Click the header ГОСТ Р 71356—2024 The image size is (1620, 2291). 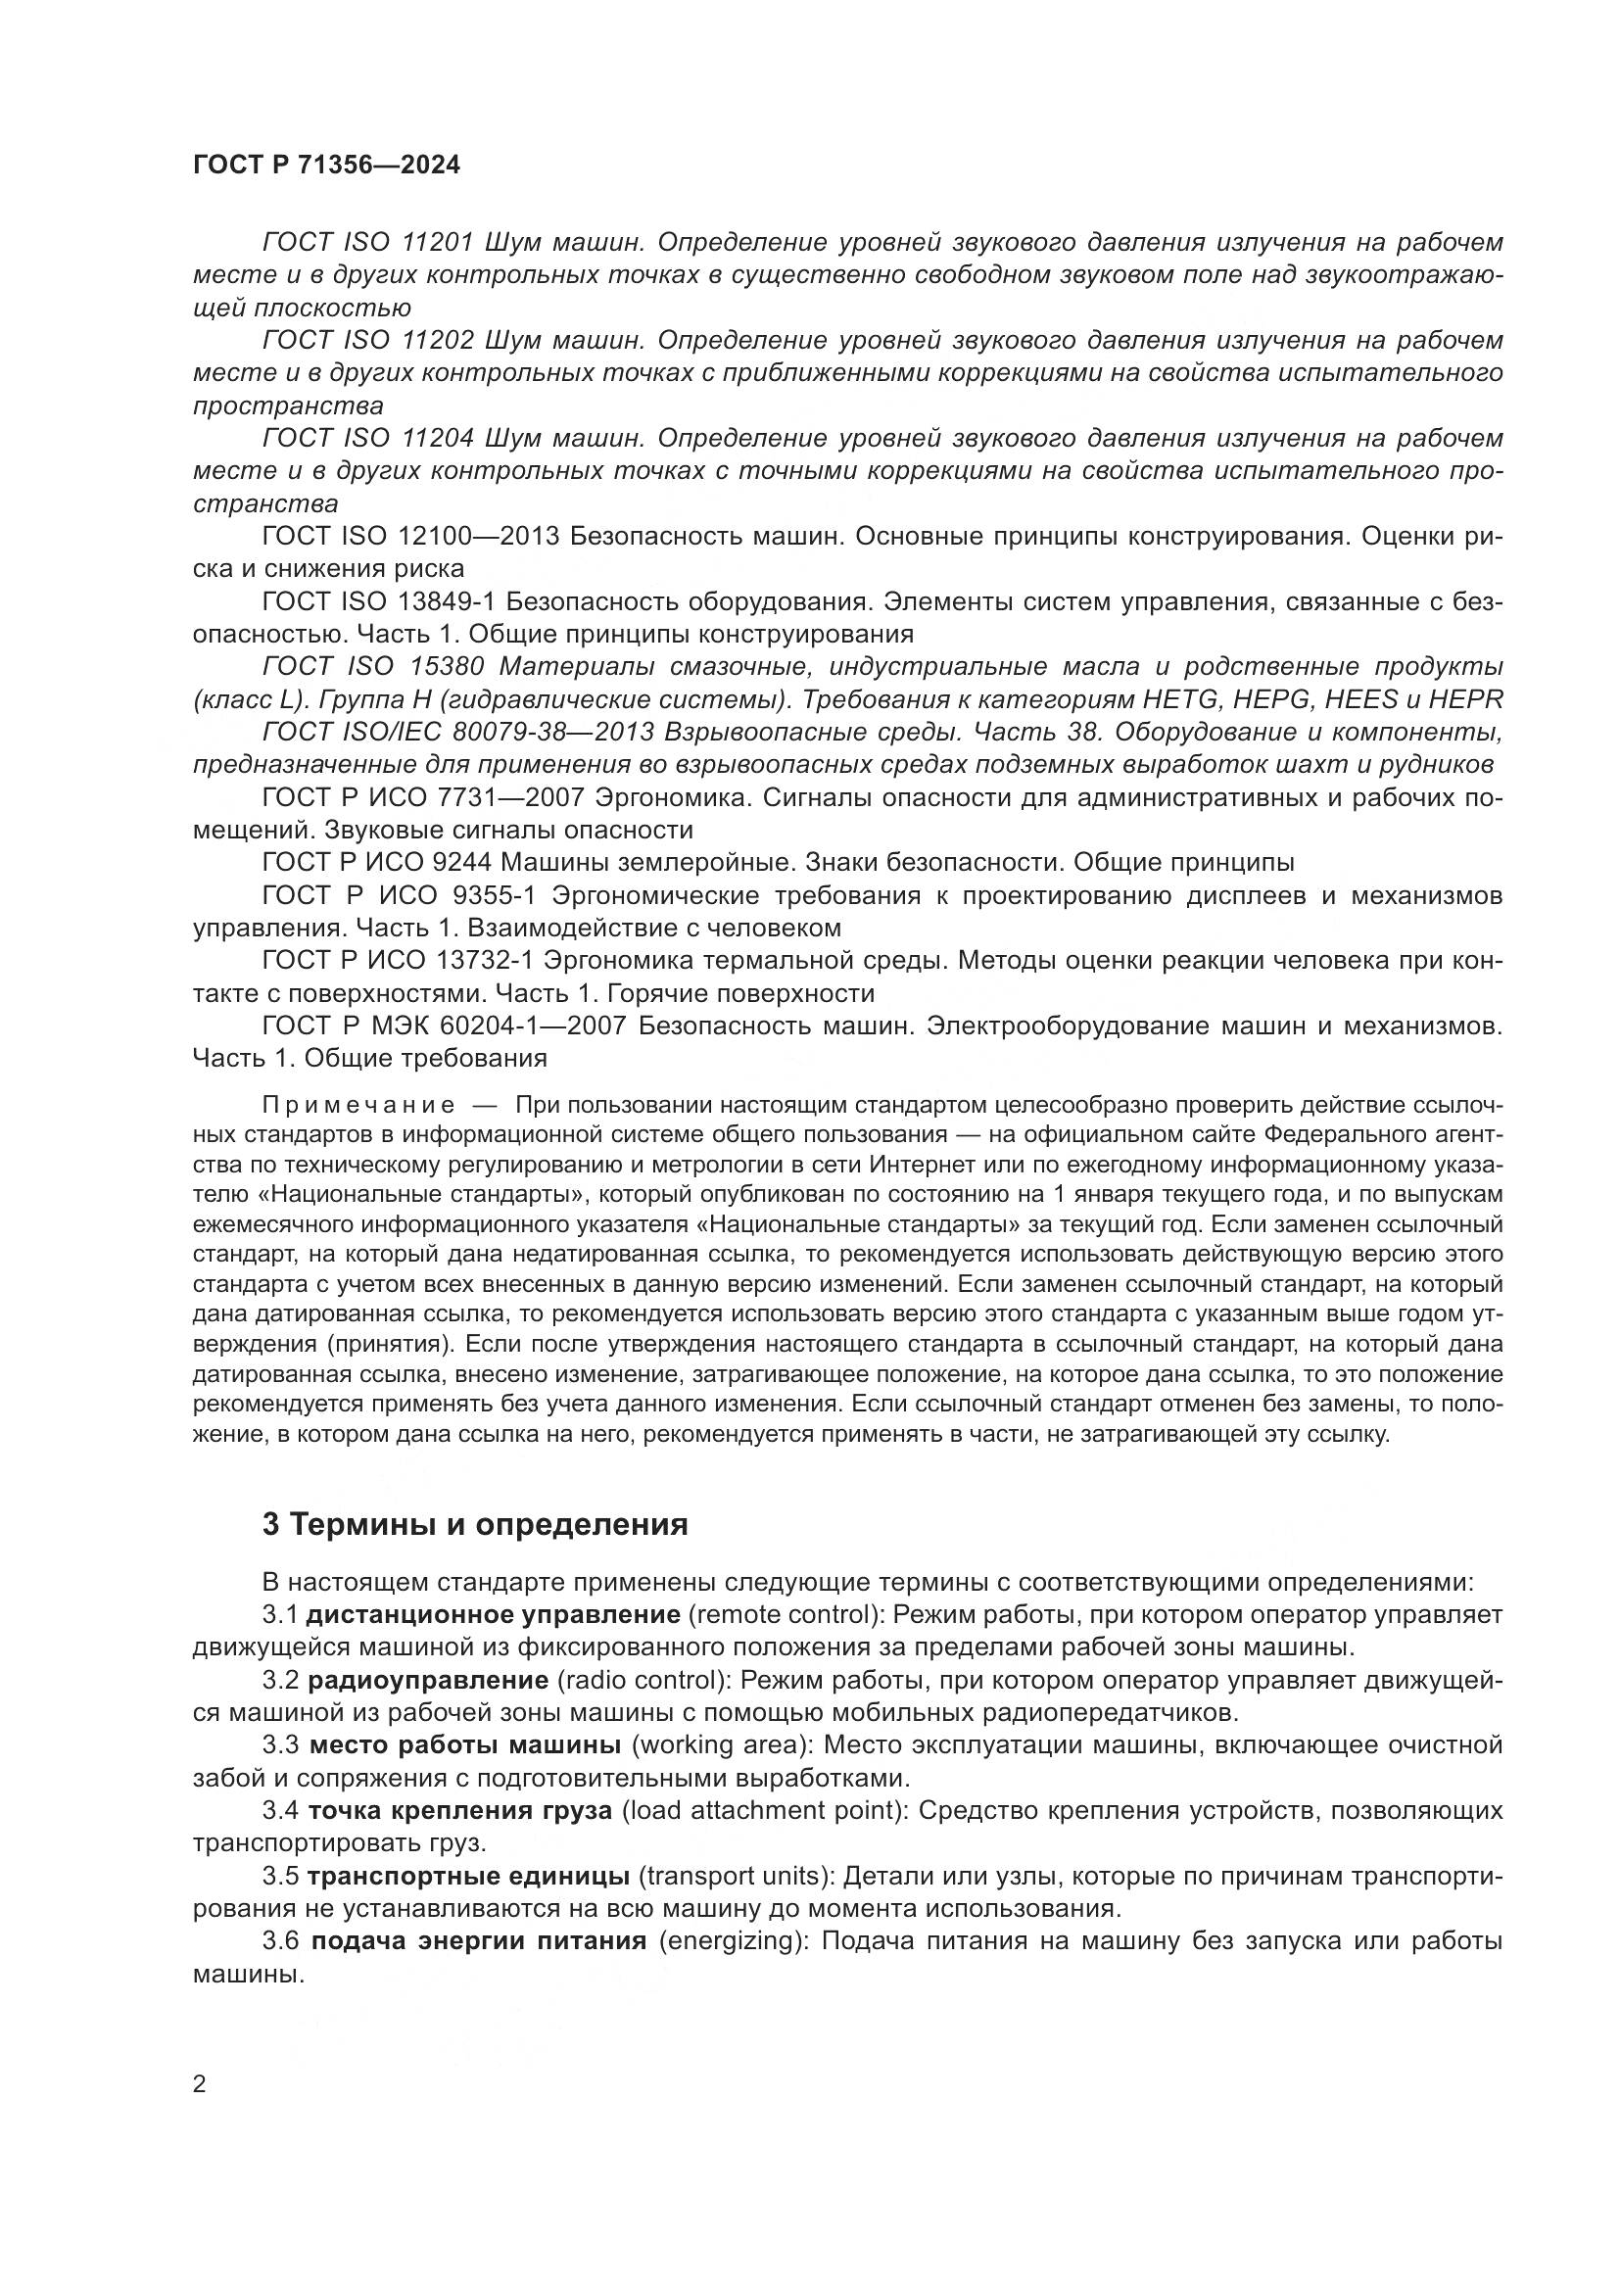click(326, 166)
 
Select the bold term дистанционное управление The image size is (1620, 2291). click(493, 1614)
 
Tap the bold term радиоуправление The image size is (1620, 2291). click(428, 1681)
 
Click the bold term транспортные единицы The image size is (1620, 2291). click(468, 1876)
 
